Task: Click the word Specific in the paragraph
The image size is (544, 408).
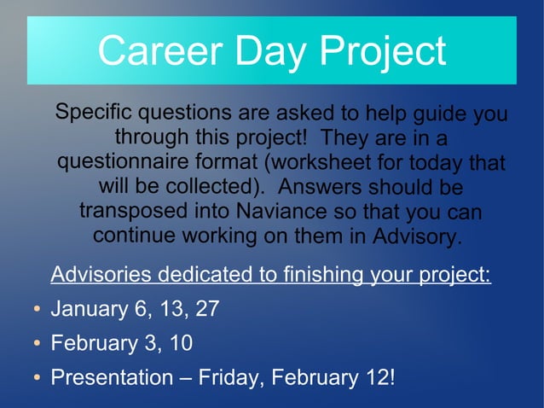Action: (x=93, y=113)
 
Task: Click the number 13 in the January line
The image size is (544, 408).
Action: (x=173, y=309)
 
